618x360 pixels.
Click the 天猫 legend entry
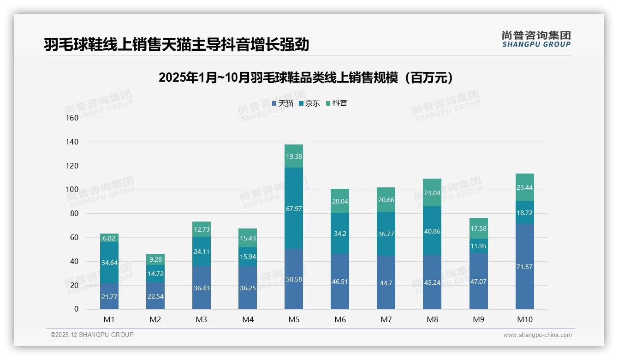pos(283,103)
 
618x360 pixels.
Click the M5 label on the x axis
pos(294,319)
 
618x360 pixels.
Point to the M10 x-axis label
pos(524,319)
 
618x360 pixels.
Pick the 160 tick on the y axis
pos(72,118)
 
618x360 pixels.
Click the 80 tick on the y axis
pos(74,214)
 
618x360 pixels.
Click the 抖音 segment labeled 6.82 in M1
pos(109,238)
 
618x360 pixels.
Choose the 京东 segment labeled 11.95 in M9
pos(478,246)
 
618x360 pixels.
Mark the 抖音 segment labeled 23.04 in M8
pos(432,192)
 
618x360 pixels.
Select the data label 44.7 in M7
pos(386,283)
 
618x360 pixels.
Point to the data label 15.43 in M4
pos(248,237)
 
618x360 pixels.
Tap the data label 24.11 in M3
pos(202,252)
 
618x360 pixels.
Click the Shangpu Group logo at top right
pos(536,39)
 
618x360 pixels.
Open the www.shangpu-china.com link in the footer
pos(537,335)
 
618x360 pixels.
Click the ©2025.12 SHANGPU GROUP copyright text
pos(92,335)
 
